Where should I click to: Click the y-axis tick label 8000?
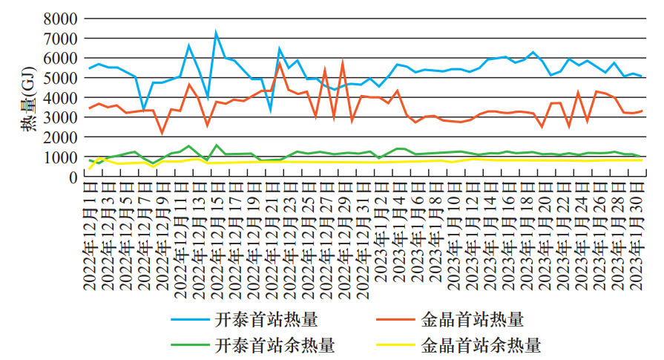62,17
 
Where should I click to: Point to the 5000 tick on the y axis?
62,77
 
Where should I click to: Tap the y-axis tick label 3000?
62,117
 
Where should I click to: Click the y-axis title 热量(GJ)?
29,97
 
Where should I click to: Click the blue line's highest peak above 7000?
216,32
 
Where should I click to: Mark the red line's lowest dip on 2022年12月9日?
162,134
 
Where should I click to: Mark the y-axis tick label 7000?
62,37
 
